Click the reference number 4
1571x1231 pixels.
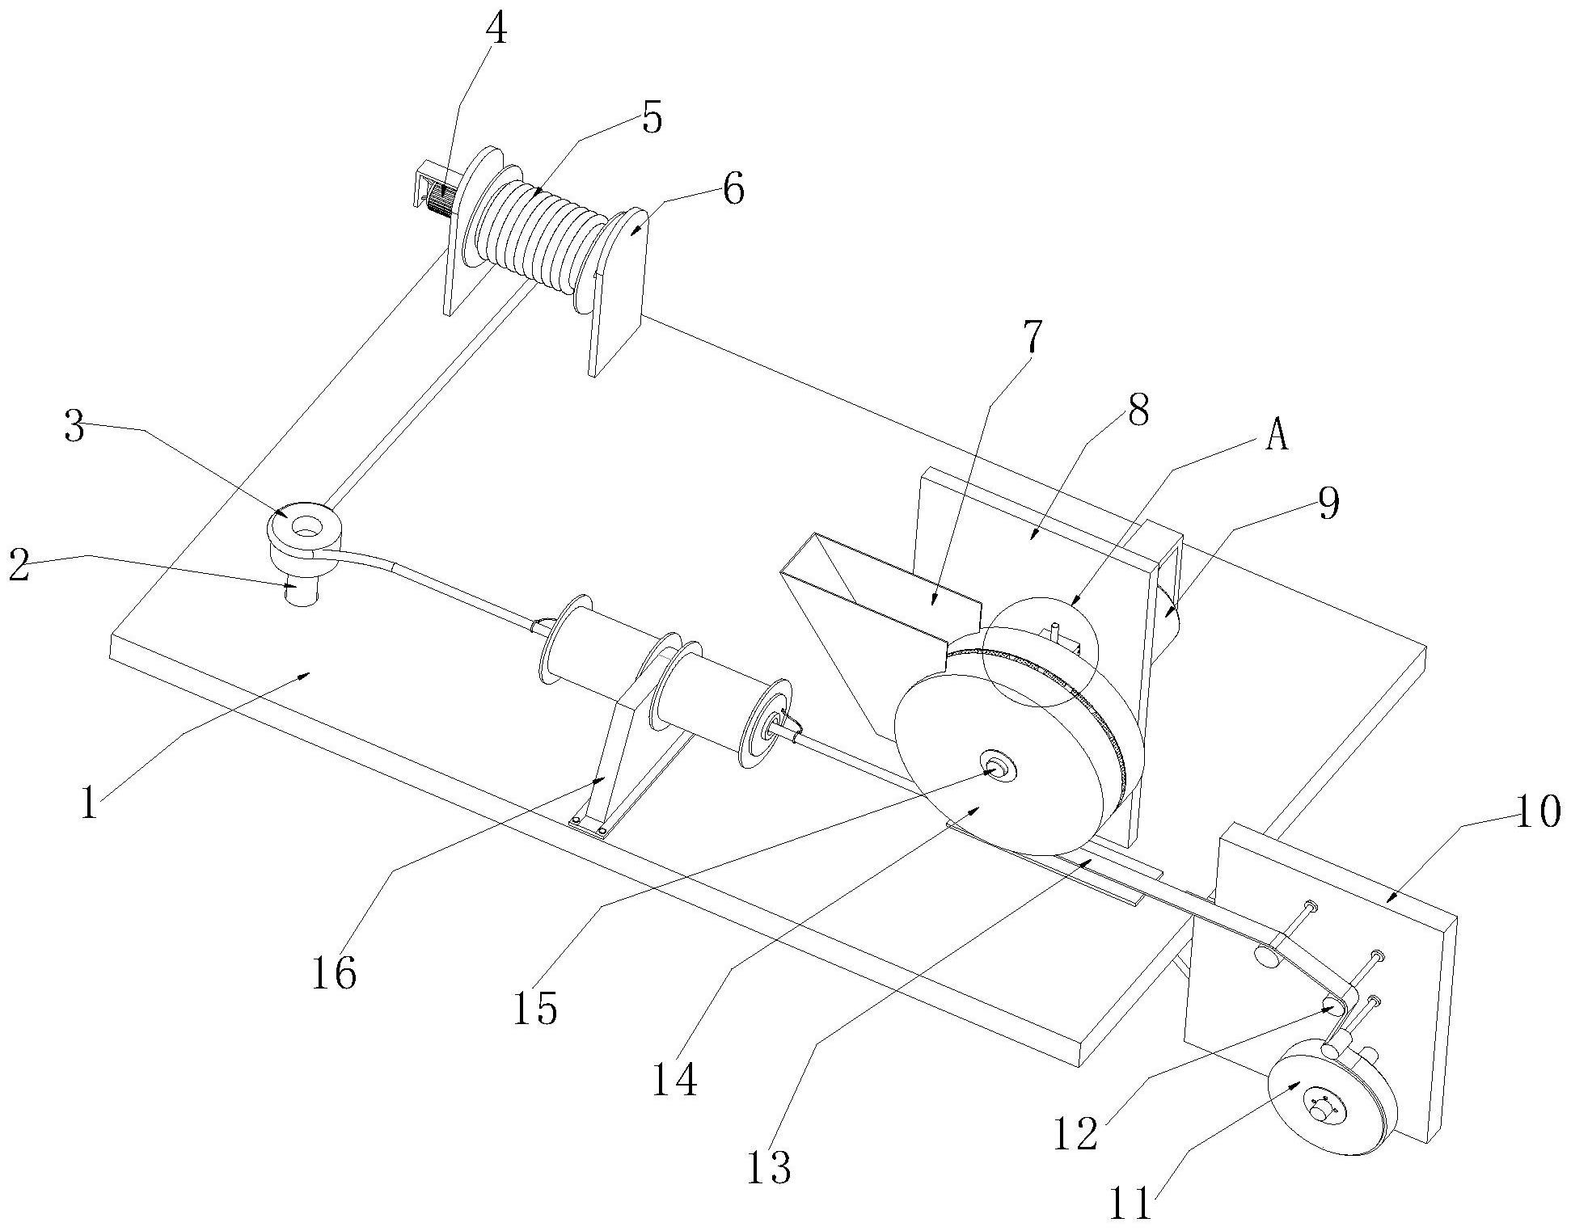pyautogui.click(x=496, y=30)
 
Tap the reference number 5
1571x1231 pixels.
pyautogui.click(x=652, y=118)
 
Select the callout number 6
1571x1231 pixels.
pyautogui.click(x=733, y=191)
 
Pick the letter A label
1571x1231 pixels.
pyautogui.click(x=1276, y=437)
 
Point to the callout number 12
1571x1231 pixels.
pyautogui.click(x=1076, y=1132)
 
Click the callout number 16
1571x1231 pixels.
pyautogui.click(x=334, y=972)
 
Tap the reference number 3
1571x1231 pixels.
pyautogui.click(x=74, y=429)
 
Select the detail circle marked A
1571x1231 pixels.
pyautogui.click(x=1040, y=652)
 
